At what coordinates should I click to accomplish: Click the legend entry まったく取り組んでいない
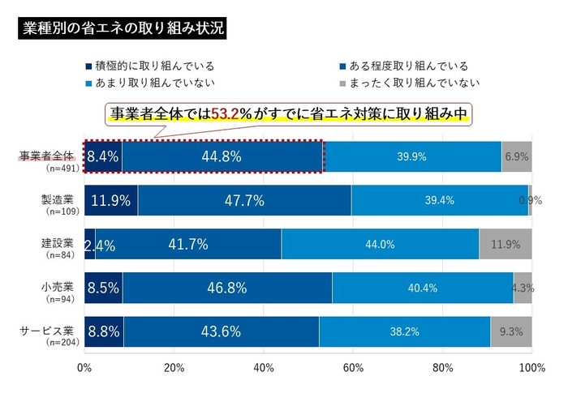[415, 82]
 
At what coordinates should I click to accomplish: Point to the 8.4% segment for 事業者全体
[103, 156]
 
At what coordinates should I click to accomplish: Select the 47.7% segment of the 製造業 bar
[244, 200]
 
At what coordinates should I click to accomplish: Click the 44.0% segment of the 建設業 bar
[380, 244]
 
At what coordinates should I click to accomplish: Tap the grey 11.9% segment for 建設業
[506, 244]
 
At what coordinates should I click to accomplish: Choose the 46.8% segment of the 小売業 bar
[228, 287]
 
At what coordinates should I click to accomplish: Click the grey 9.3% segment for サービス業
[511, 331]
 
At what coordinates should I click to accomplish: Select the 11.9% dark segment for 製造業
[111, 200]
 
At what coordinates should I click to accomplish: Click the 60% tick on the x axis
[353, 369]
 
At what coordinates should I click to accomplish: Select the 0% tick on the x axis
[84, 369]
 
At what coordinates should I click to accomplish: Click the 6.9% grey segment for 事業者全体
[517, 156]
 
